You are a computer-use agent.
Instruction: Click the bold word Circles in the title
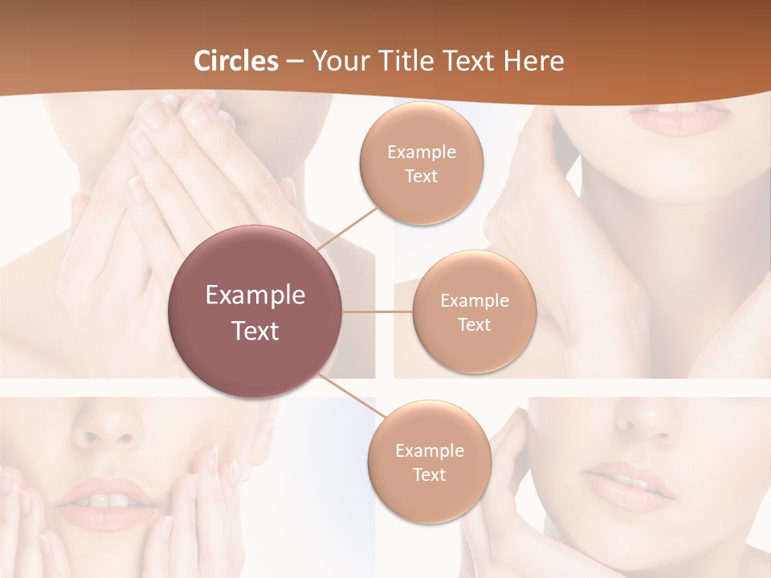tap(236, 61)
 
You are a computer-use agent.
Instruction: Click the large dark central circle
tap(255, 311)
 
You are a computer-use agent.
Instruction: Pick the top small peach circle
tap(421, 163)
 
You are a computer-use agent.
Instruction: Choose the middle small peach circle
tap(474, 311)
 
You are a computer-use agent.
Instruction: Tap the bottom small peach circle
tap(429, 462)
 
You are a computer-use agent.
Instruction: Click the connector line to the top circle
tap(349, 228)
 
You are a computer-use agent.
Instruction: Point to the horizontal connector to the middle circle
tap(377, 311)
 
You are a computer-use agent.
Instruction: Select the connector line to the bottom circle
tap(351, 396)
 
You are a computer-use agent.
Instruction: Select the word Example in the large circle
tap(255, 295)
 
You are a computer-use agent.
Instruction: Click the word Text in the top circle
tap(421, 177)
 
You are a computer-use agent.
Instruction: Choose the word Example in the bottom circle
tap(429, 450)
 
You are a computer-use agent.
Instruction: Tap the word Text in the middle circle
tap(474, 324)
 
